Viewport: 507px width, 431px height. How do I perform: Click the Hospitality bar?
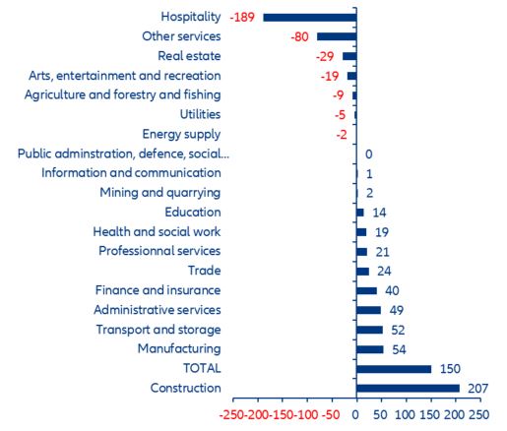click(309, 17)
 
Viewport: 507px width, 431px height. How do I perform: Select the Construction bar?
click(408, 388)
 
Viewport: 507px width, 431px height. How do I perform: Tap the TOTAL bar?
click(394, 369)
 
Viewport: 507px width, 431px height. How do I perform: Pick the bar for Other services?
click(336, 36)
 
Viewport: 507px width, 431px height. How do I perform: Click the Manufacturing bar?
click(369, 349)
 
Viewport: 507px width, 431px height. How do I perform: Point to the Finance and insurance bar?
click(366, 290)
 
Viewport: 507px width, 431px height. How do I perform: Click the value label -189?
click(242, 18)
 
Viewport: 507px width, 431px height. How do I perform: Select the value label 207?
click(476, 389)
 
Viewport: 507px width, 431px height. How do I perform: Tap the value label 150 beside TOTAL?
click(449, 369)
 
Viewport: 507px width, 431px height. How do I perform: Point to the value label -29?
click(326, 56)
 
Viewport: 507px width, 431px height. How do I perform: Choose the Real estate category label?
click(190, 56)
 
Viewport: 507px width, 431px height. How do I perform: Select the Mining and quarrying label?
click(159, 193)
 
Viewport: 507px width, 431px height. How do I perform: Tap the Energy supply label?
click(181, 134)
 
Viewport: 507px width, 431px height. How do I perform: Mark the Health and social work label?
click(157, 231)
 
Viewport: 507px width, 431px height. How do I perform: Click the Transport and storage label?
click(158, 330)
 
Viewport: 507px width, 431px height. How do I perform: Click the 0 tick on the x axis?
click(355, 414)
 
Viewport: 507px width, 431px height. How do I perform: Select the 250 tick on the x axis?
click(478, 414)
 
